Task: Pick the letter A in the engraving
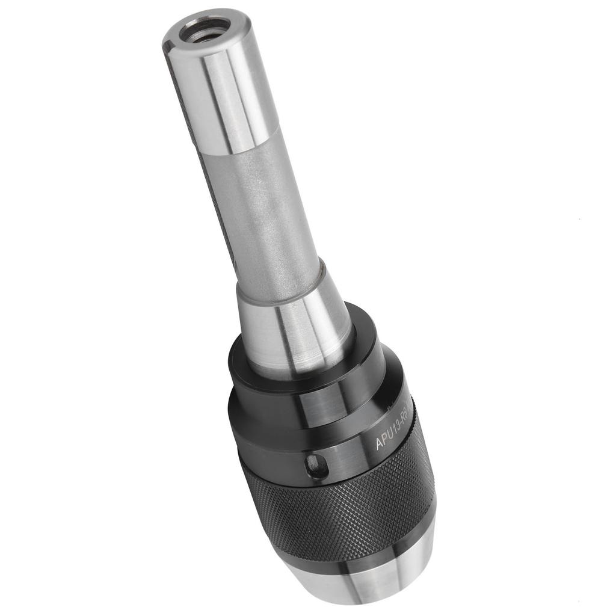pyautogui.click(x=380, y=444)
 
